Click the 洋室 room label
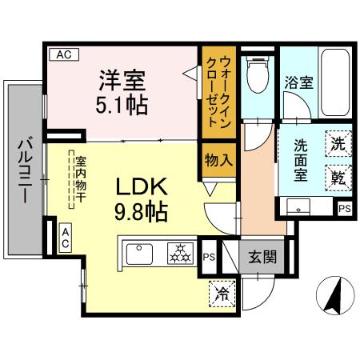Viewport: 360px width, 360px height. point(122,81)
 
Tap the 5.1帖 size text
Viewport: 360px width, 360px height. point(122,106)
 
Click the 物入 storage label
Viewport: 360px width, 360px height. point(218,159)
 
